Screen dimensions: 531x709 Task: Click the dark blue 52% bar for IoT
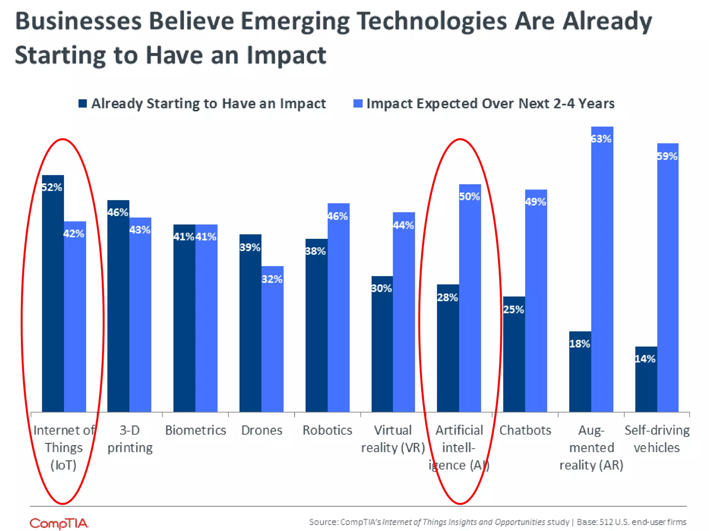[x=53, y=294]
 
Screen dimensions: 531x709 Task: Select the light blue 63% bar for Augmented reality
[x=602, y=270]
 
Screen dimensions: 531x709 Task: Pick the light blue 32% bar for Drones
[x=272, y=339]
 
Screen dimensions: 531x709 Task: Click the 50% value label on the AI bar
[x=469, y=197]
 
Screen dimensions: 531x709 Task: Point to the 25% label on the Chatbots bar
[x=513, y=309]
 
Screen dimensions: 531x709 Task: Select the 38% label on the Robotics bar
[x=315, y=251]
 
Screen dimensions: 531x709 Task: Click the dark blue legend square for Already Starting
[x=82, y=103]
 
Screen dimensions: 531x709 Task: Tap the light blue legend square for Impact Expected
[x=358, y=103]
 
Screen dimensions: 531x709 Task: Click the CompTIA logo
[x=59, y=523]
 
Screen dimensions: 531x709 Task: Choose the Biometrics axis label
[x=195, y=430]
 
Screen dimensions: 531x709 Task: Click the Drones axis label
[x=262, y=430]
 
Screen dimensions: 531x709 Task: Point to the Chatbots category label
[x=525, y=430]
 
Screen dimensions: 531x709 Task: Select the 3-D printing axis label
[x=130, y=439]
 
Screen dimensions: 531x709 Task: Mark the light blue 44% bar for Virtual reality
[x=404, y=311]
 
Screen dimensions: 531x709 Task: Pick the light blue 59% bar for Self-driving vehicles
[x=668, y=277]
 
